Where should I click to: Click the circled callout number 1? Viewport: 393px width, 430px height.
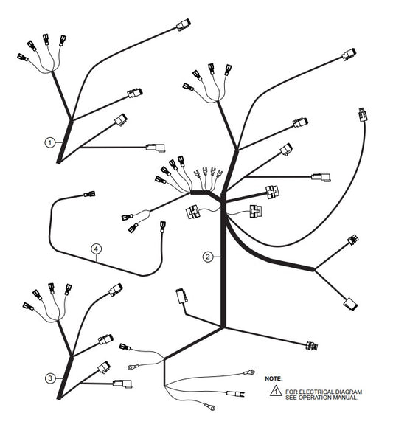pyautogui.click(x=49, y=142)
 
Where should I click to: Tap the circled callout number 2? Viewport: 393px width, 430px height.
pyautogui.click(x=208, y=257)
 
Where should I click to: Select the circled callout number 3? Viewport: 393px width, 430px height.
pyautogui.click(x=50, y=378)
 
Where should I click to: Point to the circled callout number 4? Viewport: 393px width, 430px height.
pyautogui.click(x=96, y=249)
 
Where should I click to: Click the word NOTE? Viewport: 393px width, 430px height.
pyautogui.click(x=274, y=378)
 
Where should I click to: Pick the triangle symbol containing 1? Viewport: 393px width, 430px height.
pyautogui.click(x=276, y=390)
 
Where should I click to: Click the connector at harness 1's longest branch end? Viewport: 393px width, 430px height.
pyautogui.click(x=184, y=24)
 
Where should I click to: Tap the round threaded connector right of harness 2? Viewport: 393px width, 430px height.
pyautogui.click(x=312, y=345)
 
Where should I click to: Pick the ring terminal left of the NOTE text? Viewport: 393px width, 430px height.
pyautogui.click(x=249, y=372)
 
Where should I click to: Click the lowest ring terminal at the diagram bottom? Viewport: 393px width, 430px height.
pyautogui.click(x=210, y=407)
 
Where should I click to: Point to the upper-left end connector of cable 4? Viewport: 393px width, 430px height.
pyautogui.click(x=89, y=194)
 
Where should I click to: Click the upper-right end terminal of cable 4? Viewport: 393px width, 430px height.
pyautogui.click(x=163, y=226)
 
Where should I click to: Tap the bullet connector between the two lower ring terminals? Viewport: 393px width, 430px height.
pyautogui.click(x=235, y=394)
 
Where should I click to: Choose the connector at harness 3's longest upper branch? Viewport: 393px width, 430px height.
pyautogui.click(x=116, y=290)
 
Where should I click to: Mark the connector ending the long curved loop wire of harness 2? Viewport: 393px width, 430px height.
pyautogui.click(x=362, y=114)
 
